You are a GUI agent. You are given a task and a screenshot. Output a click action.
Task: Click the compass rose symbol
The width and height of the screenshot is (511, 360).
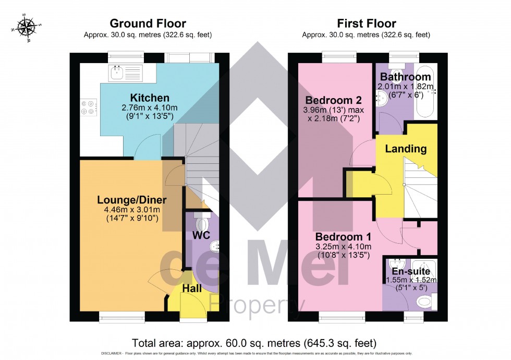[26, 27]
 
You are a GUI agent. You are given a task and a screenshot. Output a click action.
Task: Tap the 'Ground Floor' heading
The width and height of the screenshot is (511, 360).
[148, 23]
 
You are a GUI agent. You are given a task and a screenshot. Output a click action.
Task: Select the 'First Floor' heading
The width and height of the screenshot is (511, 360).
[366, 23]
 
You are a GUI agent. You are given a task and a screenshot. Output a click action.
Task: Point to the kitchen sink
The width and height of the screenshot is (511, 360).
[126, 73]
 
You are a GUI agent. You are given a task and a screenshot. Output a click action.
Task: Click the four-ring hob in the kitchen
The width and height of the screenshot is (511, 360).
[88, 107]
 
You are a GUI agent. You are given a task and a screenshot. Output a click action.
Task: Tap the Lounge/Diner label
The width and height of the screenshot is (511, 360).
[132, 200]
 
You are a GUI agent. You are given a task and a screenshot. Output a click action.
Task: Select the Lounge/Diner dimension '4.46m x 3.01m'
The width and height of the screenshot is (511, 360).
[132, 209]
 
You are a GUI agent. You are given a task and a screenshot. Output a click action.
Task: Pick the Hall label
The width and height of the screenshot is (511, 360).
[192, 288]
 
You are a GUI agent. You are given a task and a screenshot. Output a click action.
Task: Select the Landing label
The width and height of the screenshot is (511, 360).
[406, 149]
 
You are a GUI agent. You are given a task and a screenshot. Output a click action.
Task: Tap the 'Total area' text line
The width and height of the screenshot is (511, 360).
[254, 343]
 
